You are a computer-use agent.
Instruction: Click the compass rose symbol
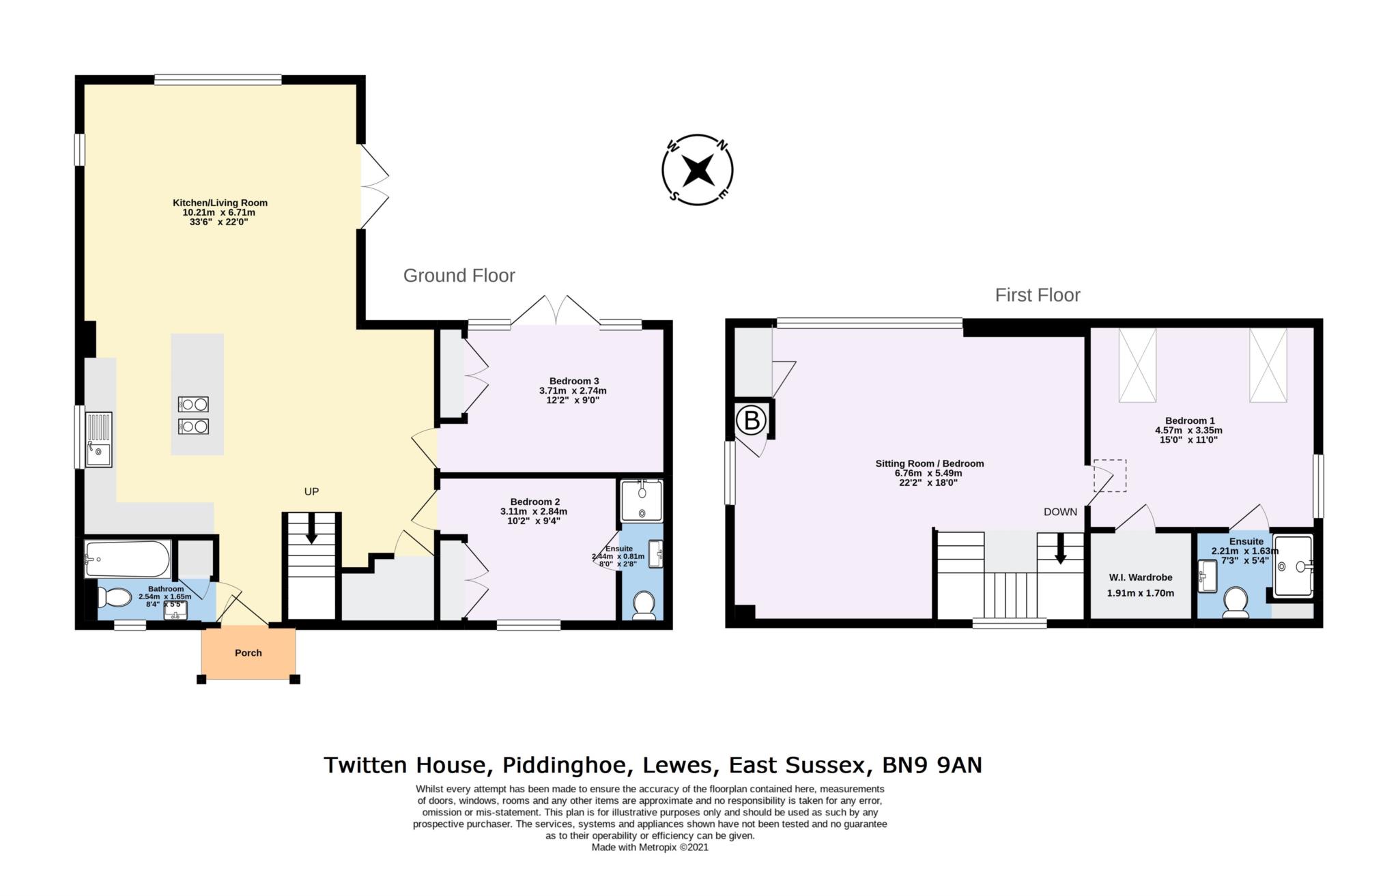click(698, 169)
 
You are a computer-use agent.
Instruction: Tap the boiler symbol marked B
click(752, 420)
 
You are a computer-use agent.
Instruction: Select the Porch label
click(248, 653)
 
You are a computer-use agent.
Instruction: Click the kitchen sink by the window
click(99, 439)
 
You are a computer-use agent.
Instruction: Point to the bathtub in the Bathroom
click(128, 559)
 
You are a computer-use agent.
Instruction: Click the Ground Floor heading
click(459, 276)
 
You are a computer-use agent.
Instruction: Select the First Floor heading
click(1037, 295)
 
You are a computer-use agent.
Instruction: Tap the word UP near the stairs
click(311, 491)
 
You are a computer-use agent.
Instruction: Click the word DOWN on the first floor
click(1059, 512)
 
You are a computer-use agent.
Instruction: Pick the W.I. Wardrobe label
click(1140, 577)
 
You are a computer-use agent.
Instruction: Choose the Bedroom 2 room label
click(534, 502)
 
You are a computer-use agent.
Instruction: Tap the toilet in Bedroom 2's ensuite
click(643, 605)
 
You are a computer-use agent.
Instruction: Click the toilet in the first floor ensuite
click(1235, 602)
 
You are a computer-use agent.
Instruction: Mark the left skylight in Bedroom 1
click(1137, 365)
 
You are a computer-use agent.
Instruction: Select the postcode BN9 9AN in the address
click(932, 765)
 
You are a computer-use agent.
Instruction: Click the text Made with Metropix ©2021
click(649, 848)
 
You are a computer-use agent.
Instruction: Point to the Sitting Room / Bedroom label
click(929, 463)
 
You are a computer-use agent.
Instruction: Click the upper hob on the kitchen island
click(192, 405)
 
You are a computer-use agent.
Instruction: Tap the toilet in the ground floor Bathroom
click(114, 598)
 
